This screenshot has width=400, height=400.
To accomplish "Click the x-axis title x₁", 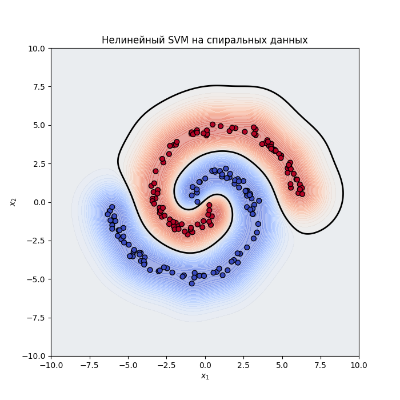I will point(205,376).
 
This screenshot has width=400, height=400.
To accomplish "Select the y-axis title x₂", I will point(13,202).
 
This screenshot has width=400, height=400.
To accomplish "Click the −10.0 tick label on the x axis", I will point(50,365).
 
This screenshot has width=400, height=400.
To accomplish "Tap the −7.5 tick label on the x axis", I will point(89,365).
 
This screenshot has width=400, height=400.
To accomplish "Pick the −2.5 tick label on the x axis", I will point(166,365).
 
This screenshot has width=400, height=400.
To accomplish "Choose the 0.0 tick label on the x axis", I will point(205,365).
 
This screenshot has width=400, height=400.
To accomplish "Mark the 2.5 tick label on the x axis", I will point(243,365).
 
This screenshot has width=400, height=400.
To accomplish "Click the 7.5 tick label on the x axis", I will point(321,365).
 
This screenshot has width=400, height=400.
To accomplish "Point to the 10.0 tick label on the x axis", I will point(359,365).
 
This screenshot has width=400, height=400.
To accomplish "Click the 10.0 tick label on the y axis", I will point(37,49).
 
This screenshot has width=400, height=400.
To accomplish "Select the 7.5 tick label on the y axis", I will point(39,87).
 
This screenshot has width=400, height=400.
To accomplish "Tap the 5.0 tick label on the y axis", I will point(39,125).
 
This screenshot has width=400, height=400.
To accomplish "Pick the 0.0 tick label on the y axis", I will point(39,202).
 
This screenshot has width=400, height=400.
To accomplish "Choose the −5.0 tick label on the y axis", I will point(37,279).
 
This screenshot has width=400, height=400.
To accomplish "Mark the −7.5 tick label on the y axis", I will point(37,318).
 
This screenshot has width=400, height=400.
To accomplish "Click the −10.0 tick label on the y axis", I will point(35,356).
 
